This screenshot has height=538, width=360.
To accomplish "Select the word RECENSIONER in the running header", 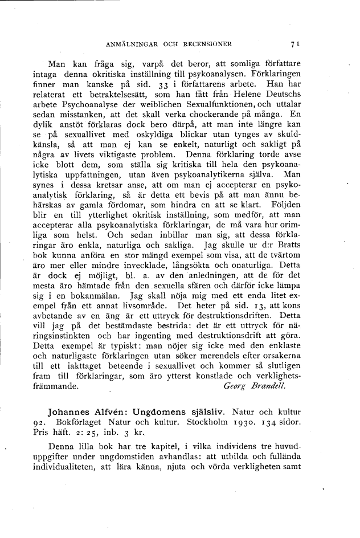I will (x=207, y=43).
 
